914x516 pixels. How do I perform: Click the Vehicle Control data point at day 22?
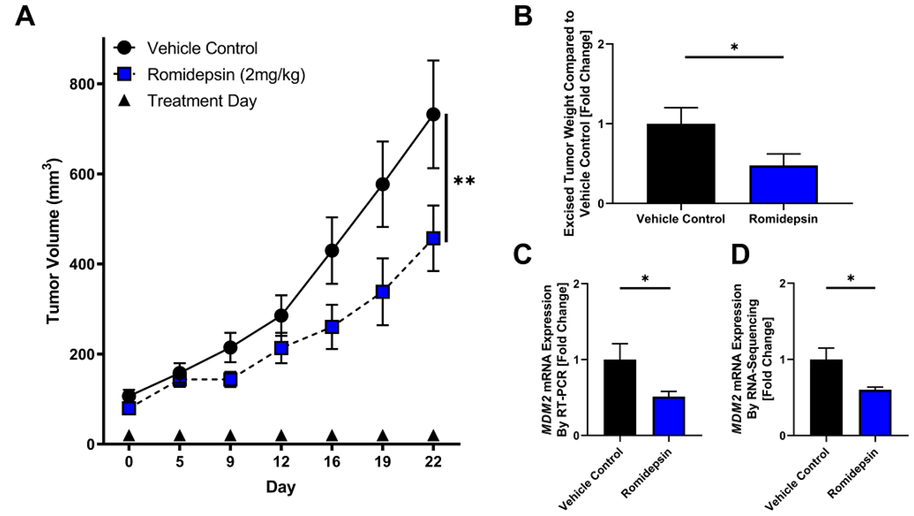433,114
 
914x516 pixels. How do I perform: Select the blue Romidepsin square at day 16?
332,327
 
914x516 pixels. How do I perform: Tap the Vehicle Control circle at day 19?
383,184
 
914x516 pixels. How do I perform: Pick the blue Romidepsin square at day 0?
129,408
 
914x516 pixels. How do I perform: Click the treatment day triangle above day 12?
281,435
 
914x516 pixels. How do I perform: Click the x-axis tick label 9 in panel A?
230,462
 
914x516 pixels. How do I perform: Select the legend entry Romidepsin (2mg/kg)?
226,74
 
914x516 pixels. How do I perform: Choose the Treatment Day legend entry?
202,101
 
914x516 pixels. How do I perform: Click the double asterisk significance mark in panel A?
464,181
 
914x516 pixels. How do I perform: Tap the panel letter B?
523,17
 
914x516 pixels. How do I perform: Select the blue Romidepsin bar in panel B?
783,185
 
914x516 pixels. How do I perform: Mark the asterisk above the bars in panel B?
734,48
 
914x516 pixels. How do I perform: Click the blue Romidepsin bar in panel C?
669,416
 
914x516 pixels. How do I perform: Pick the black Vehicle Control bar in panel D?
826,398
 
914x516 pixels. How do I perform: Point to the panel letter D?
740,255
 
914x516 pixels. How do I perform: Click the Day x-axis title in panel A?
281,487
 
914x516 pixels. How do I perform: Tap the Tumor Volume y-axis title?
54,241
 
